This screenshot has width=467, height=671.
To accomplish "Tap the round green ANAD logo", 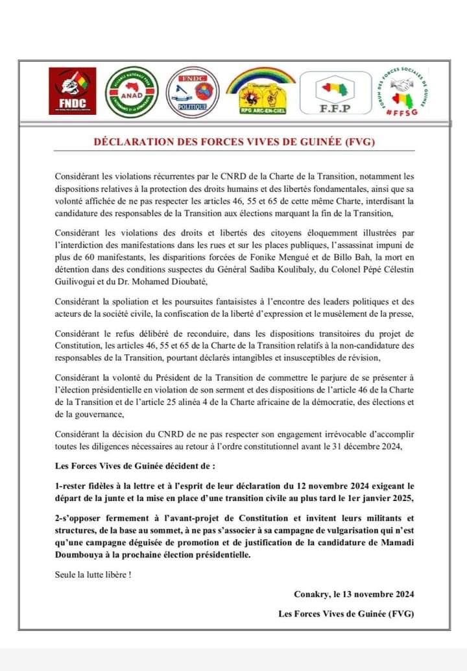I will tap(132, 92).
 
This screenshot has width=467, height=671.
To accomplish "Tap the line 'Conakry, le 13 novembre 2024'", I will tap(353, 594).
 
